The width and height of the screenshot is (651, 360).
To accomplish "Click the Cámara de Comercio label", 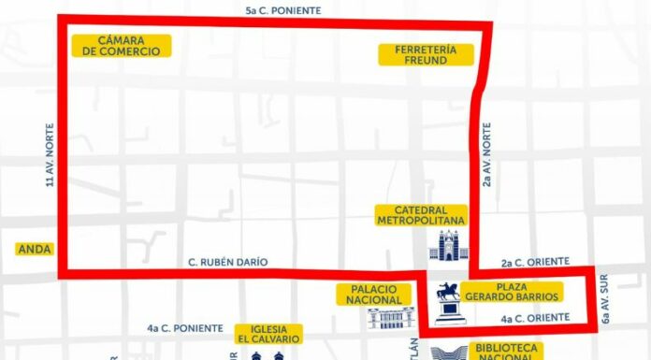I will pos(121,45).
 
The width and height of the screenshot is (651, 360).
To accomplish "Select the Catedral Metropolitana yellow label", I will pos(421,215).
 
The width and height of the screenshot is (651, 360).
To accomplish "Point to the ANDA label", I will pos(35,250).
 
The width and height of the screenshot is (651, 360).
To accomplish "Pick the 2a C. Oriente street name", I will pos(528,264).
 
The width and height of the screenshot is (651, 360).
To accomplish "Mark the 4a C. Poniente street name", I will pos(185,328).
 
